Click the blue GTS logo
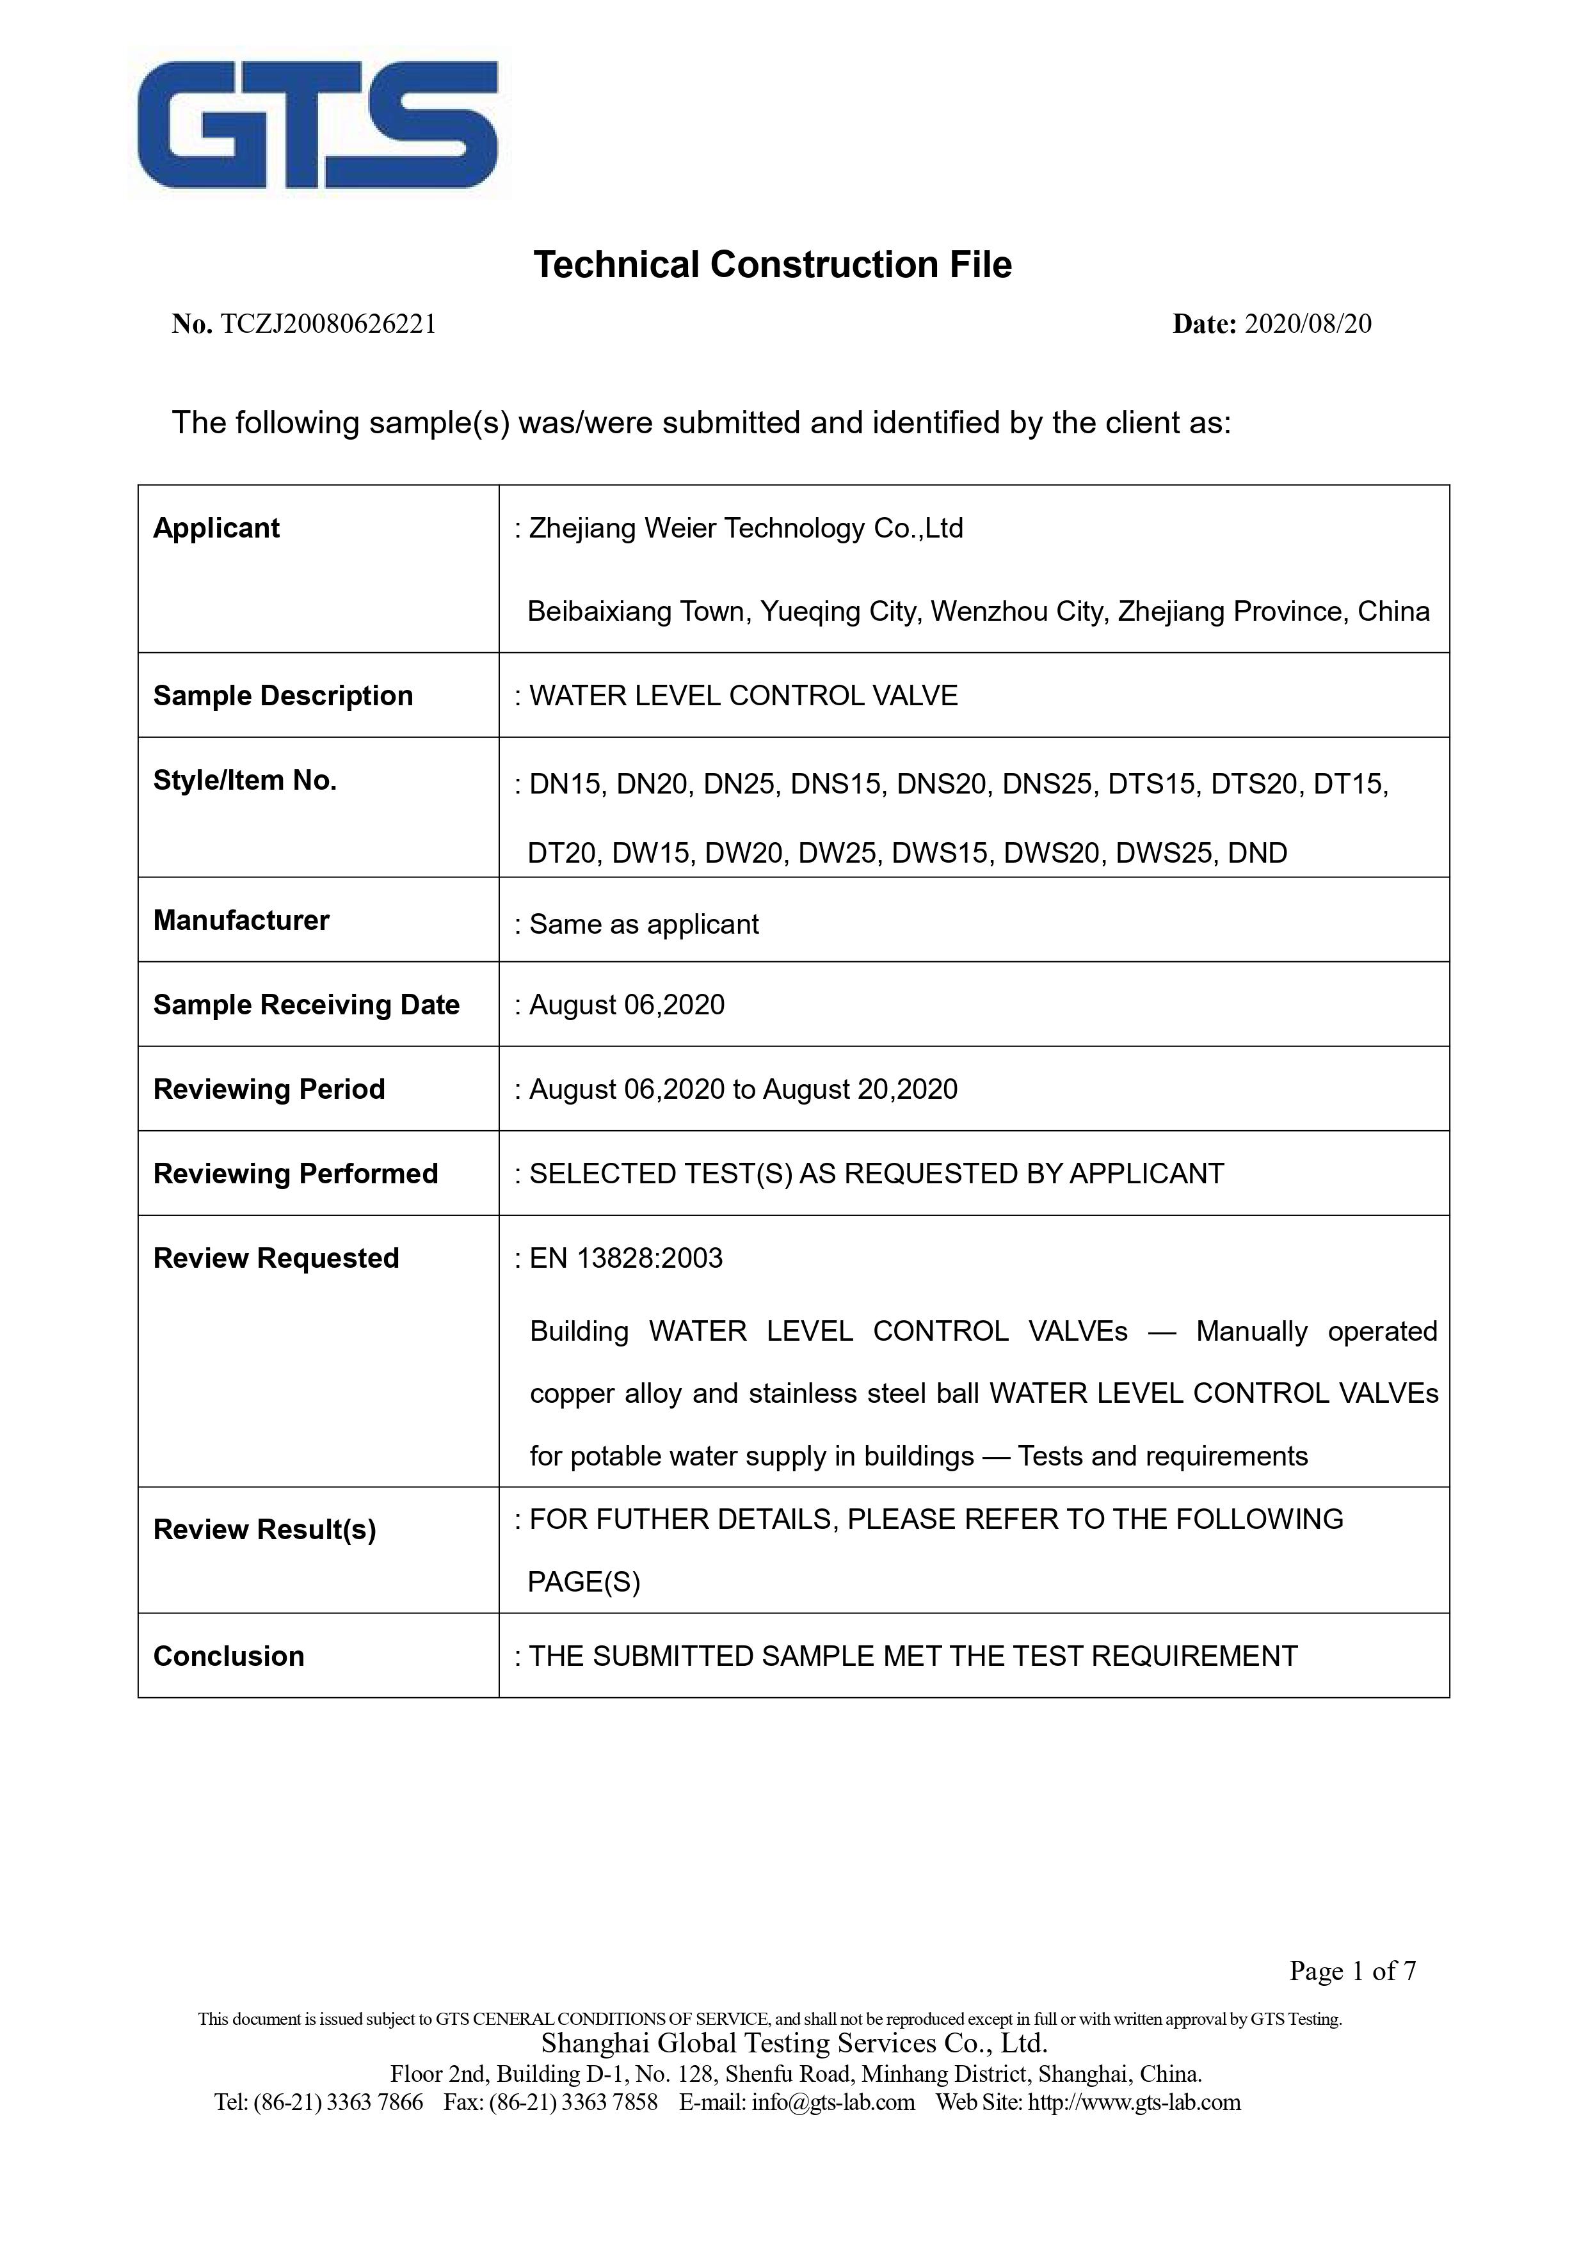click(x=318, y=125)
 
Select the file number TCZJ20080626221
click(x=328, y=324)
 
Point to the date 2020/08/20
click(x=1308, y=324)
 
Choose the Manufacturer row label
click(x=241, y=920)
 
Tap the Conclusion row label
click(x=229, y=1656)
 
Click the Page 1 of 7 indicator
click(x=1352, y=1970)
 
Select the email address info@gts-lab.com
click(x=833, y=2101)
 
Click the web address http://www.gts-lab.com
click(x=1134, y=2101)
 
